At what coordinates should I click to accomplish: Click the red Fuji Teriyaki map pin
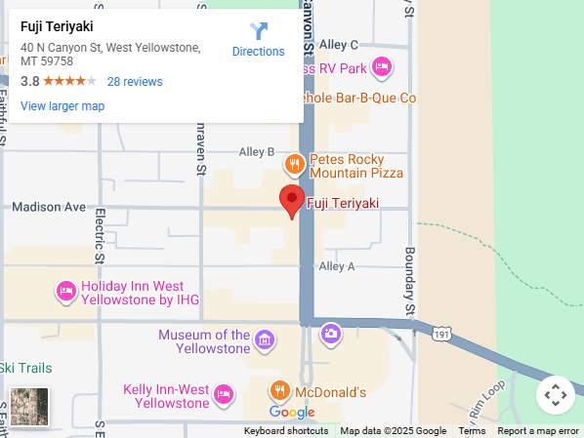[x=292, y=200]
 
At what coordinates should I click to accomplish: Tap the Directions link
[x=258, y=40]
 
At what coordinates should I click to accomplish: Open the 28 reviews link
[x=135, y=82]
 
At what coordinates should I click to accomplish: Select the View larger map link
[x=63, y=106]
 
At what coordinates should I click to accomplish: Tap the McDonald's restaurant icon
[x=280, y=391]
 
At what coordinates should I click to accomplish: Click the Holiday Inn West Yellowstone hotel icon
[x=65, y=290]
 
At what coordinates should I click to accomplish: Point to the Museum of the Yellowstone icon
[x=265, y=340]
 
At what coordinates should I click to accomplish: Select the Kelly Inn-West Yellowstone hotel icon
[x=224, y=393]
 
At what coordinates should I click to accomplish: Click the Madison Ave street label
[x=49, y=207]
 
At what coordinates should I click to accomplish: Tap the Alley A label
[x=337, y=266]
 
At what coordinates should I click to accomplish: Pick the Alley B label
[x=257, y=152]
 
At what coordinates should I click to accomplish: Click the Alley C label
[x=339, y=45]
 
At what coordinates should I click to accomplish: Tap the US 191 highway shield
[x=442, y=335]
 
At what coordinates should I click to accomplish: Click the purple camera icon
[x=331, y=334]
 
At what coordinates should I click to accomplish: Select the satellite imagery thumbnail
[x=29, y=407]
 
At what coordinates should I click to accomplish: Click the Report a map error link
[x=538, y=431]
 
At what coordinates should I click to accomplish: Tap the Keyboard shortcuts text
[x=286, y=431]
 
